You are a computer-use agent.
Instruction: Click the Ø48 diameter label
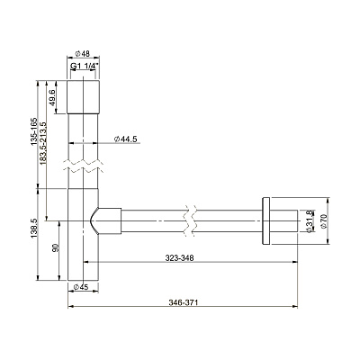pos(82,54)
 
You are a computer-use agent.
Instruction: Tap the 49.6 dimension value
pos(52,97)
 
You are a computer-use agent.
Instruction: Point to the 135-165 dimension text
pos(33,131)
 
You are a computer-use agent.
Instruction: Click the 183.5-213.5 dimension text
pos(43,143)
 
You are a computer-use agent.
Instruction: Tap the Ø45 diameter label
pos(81,287)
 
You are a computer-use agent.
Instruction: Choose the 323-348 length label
pos(180,257)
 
